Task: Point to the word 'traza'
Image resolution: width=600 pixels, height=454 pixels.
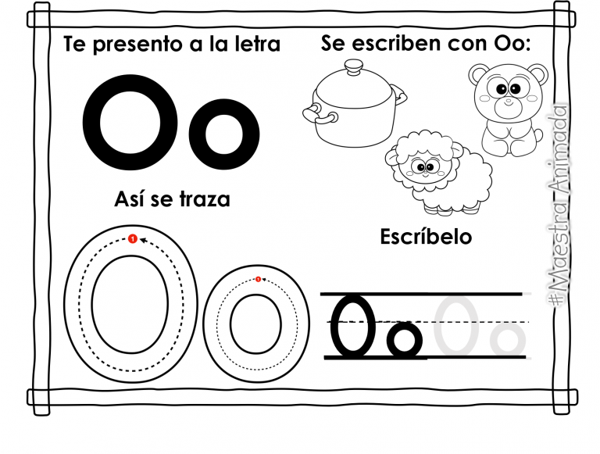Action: pos(204,199)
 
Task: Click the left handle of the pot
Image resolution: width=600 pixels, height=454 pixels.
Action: pos(315,117)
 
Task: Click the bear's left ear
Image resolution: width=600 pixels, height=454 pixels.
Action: pos(479,75)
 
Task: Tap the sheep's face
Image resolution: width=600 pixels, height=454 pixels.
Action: pos(426,166)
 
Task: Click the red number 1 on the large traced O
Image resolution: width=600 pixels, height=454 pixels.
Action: pos(132,238)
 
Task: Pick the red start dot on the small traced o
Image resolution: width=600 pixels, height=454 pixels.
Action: pos(258,279)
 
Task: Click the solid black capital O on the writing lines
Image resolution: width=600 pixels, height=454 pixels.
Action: pos(352,323)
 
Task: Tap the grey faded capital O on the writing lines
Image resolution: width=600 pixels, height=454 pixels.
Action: pos(455,324)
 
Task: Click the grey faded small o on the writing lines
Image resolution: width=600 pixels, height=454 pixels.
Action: pos(506,339)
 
